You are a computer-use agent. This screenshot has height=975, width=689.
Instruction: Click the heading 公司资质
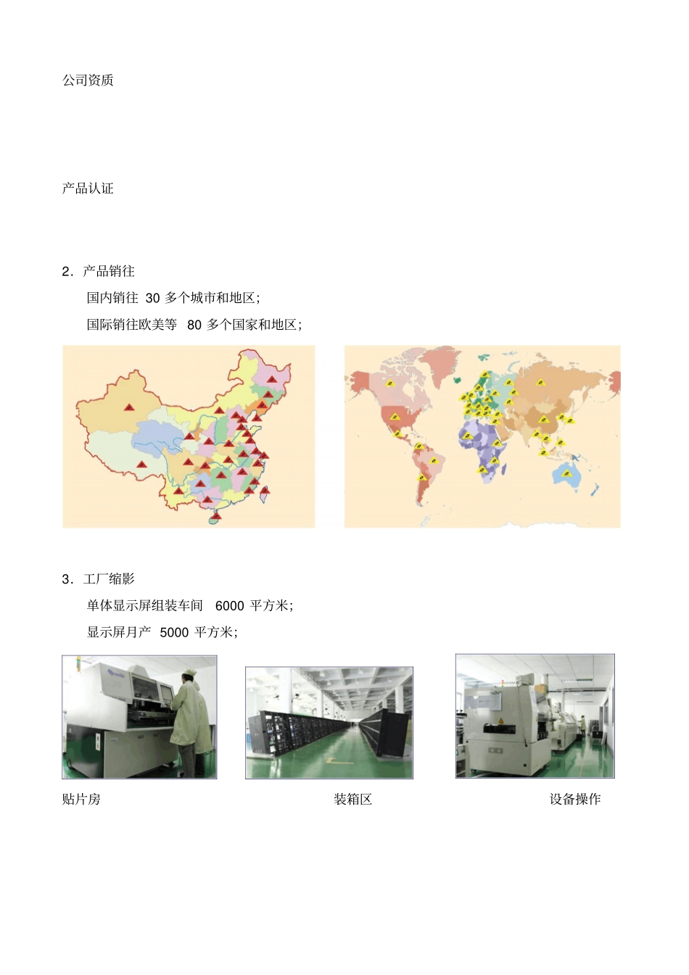click(x=88, y=80)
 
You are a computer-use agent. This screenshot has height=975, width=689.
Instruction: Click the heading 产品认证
click(x=88, y=188)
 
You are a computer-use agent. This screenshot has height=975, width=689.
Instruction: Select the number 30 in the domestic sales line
click(x=152, y=298)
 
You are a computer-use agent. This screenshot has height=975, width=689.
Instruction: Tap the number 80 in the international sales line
click(x=194, y=325)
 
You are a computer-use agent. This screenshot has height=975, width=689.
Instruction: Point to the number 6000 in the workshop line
click(x=229, y=606)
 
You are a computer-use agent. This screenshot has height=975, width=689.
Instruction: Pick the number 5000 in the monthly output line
click(x=174, y=633)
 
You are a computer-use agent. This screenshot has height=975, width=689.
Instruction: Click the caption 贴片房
click(x=81, y=800)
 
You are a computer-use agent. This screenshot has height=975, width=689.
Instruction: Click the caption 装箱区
click(x=352, y=800)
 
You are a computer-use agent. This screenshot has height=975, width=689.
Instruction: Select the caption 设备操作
click(x=574, y=800)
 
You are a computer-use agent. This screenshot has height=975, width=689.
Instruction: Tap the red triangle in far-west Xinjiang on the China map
click(x=129, y=407)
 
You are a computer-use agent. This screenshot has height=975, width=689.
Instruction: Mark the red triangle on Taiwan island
click(x=265, y=491)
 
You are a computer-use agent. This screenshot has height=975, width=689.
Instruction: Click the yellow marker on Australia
click(x=566, y=473)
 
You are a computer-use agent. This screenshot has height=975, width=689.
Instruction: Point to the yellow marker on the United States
click(x=395, y=417)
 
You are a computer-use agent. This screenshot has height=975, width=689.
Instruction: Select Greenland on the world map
click(x=439, y=362)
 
